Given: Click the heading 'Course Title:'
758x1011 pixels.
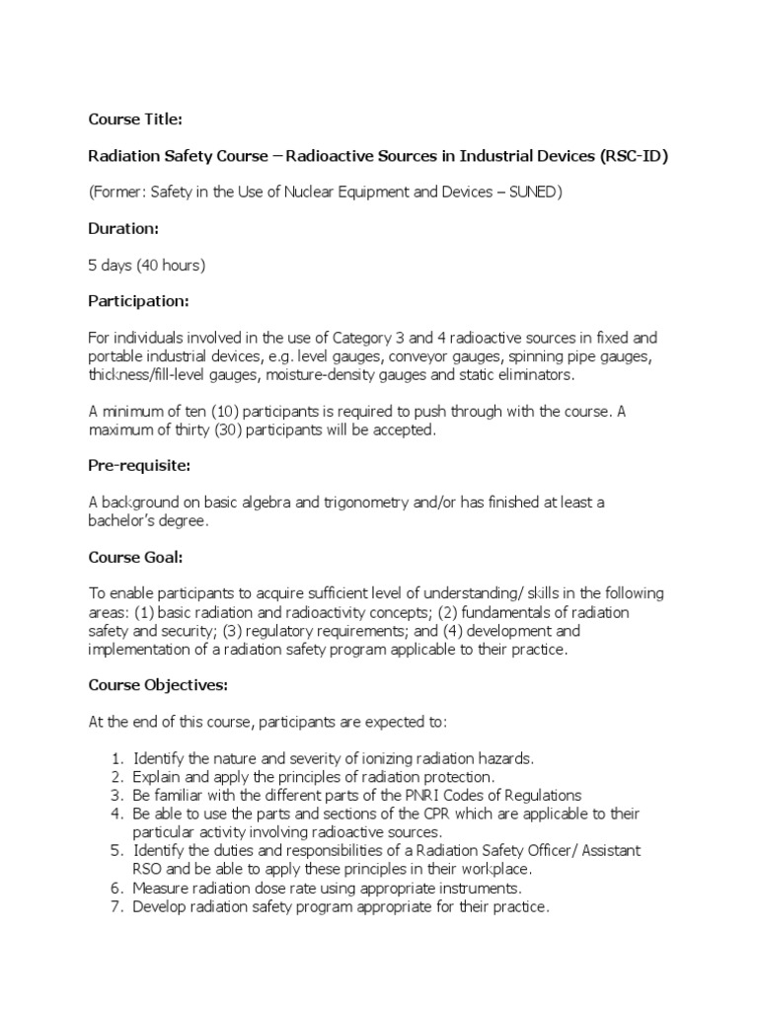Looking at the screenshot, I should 135,119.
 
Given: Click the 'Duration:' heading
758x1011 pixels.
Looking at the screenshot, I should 124,228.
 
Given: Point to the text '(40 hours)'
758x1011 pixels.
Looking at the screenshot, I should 171,265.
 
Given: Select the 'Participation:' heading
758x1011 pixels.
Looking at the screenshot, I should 139,300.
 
